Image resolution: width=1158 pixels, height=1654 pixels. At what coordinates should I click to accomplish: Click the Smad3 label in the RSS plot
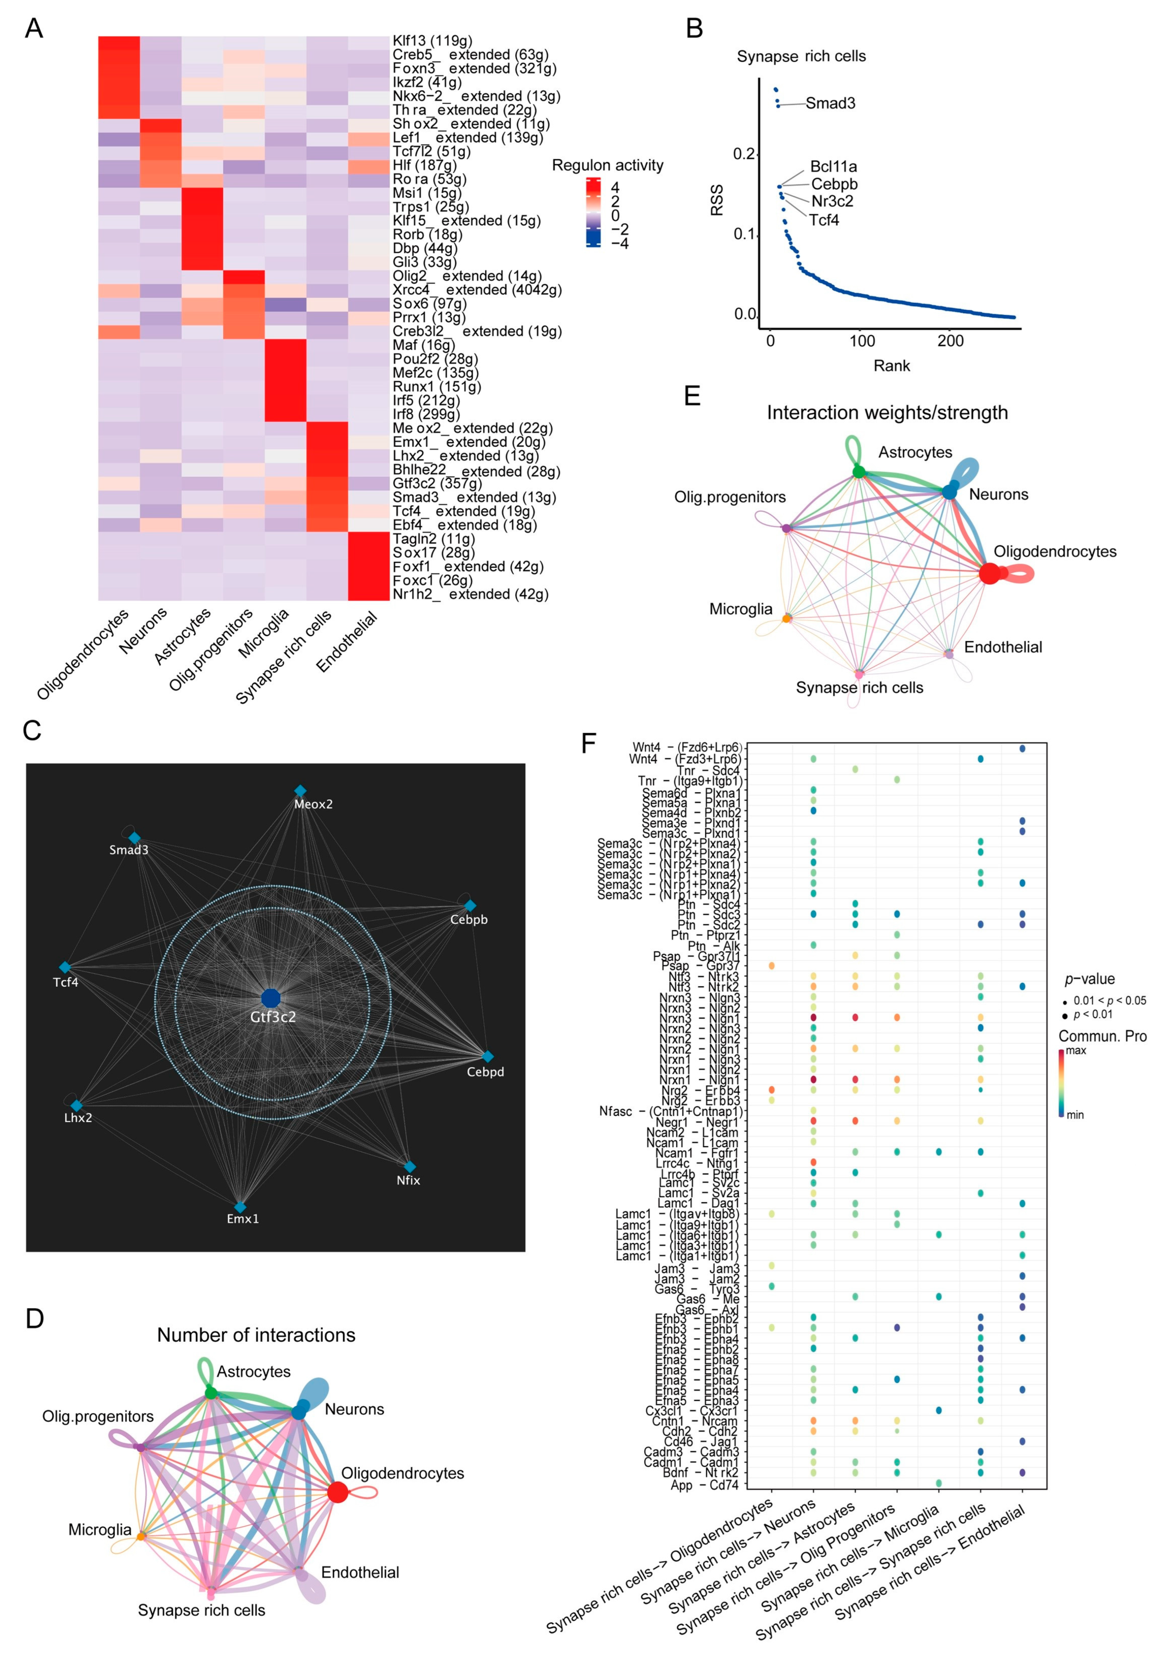830,103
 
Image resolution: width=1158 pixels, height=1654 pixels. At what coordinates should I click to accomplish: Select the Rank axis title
891,366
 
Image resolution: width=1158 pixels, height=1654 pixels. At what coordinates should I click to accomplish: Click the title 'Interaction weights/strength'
887,413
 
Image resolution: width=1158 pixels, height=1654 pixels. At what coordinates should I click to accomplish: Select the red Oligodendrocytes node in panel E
989,573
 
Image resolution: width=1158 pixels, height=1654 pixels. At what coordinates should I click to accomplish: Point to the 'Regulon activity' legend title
607,166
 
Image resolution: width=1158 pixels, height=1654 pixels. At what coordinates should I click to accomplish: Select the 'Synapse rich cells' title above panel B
801,56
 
